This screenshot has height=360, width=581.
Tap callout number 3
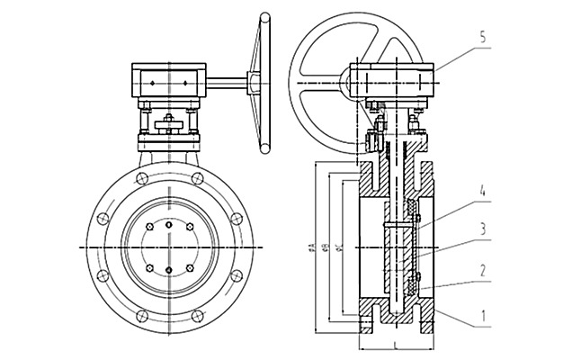coord(483,229)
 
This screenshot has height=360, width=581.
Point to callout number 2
coord(483,267)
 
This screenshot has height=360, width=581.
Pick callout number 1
coord(483,317)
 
